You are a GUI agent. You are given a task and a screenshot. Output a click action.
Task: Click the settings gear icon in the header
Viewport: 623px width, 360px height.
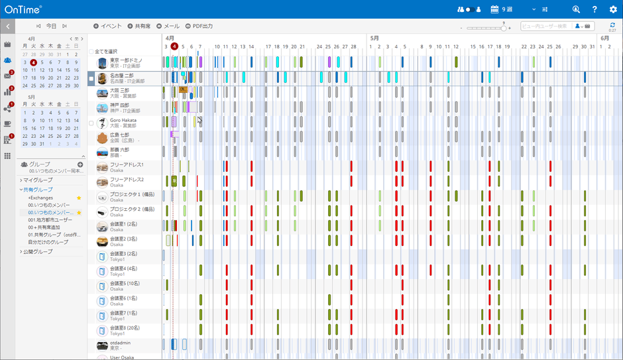click(x=612, y=9)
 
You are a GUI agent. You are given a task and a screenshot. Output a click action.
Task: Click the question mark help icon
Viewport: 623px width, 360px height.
click(x=595, y=9)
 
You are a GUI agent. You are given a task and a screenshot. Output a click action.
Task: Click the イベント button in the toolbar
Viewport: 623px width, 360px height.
click(x=107, y=26)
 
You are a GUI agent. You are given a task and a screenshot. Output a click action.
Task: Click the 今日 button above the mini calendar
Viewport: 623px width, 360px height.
click(x=51, y=26)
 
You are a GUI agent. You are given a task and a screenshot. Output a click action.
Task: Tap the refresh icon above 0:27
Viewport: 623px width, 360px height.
click(x=612, y=25)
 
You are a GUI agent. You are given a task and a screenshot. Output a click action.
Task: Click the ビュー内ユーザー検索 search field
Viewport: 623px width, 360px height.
click(x=545, y=27)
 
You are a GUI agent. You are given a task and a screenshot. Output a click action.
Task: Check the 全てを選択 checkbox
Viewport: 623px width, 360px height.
click(x=91, y=51)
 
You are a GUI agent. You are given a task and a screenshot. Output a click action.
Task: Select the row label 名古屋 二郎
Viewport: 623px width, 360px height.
click(x=122, y=76)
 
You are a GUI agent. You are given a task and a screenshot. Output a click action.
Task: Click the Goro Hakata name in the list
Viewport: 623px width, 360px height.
click(x=123, y=120)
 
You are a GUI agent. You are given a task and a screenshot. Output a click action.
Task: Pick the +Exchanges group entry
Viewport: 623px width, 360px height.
click(x=40, y=198)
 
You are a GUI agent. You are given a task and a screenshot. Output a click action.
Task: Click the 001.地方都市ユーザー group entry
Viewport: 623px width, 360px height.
click(x=50, y=219)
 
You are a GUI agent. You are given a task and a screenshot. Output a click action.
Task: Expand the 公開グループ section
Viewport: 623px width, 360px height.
click(x=37, y=252)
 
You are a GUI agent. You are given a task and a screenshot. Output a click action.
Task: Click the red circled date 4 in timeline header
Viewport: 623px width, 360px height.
click(x=174, y=46)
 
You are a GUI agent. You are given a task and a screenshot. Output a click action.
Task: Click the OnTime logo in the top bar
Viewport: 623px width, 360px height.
click(x=23, y=9)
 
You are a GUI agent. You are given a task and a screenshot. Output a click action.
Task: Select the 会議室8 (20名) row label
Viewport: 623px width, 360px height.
click(x=123, y=328)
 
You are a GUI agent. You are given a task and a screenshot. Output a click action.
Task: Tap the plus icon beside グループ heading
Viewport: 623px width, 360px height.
click(x=80, y=164)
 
